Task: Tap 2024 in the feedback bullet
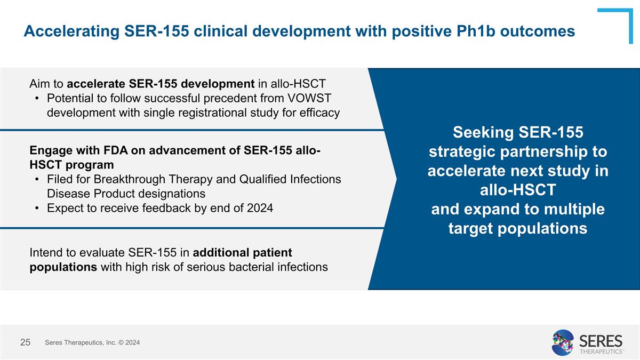pyautogui.click(x=259, y=208)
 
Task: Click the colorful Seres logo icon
pyautogui.click(x=563, y=342)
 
